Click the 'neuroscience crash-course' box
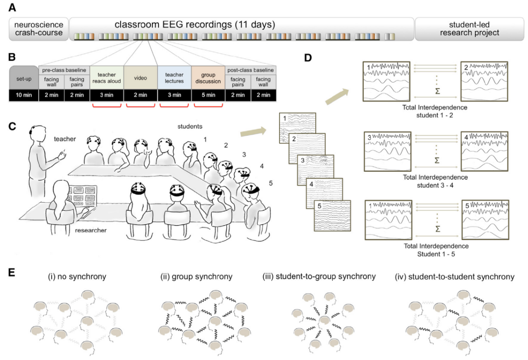coord(39,28)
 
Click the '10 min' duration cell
coord(24,95)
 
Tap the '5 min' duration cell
coord(207,95)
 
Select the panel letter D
coord(307,58)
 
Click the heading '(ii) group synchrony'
coord(197,277)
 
